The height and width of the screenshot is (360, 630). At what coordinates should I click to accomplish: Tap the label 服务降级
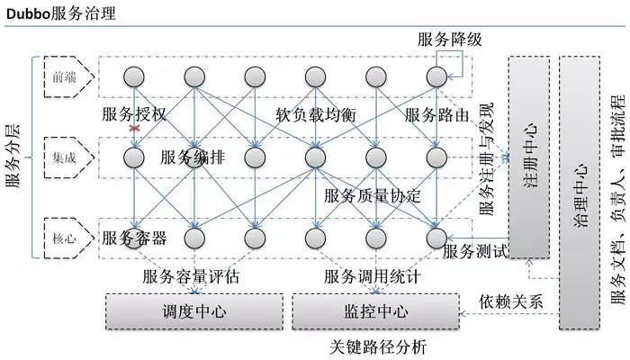tap(450, 39)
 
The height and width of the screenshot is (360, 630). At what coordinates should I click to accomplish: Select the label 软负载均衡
tap(318, 115)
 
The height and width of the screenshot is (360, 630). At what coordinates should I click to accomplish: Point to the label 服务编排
tap(193, 157)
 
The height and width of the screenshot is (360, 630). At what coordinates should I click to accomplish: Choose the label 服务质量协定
tap(373, 195)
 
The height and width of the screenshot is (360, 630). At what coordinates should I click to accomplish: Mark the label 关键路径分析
tap(378, 346)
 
